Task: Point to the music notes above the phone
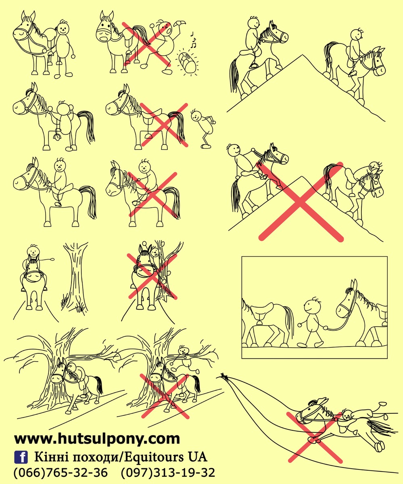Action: click(x=193, y=40)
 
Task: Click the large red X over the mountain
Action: click(x=301, y=202)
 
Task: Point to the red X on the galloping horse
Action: click(x=314, y=437)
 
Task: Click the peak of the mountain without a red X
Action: click(x=302, y=55)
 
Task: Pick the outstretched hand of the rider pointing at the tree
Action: click(x=52, y=259)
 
